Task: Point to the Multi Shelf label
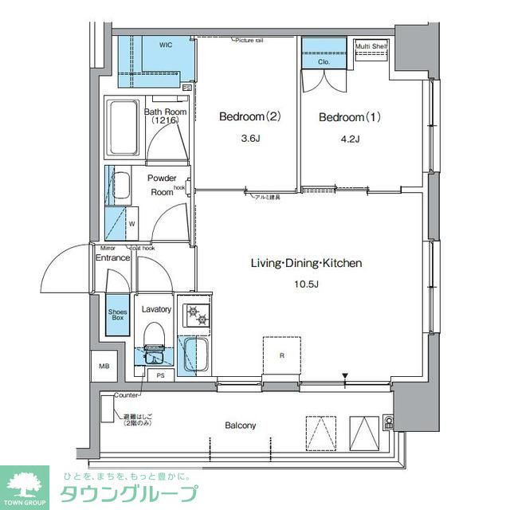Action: point(371,46)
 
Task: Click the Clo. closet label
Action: point(324,61)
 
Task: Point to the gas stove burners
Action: point(195,316)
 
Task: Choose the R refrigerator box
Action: point(282,355)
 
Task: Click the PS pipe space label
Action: point(160,375)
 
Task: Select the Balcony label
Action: point(240,426)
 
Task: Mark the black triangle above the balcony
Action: point(344,376)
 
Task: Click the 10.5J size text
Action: point(307,284)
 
